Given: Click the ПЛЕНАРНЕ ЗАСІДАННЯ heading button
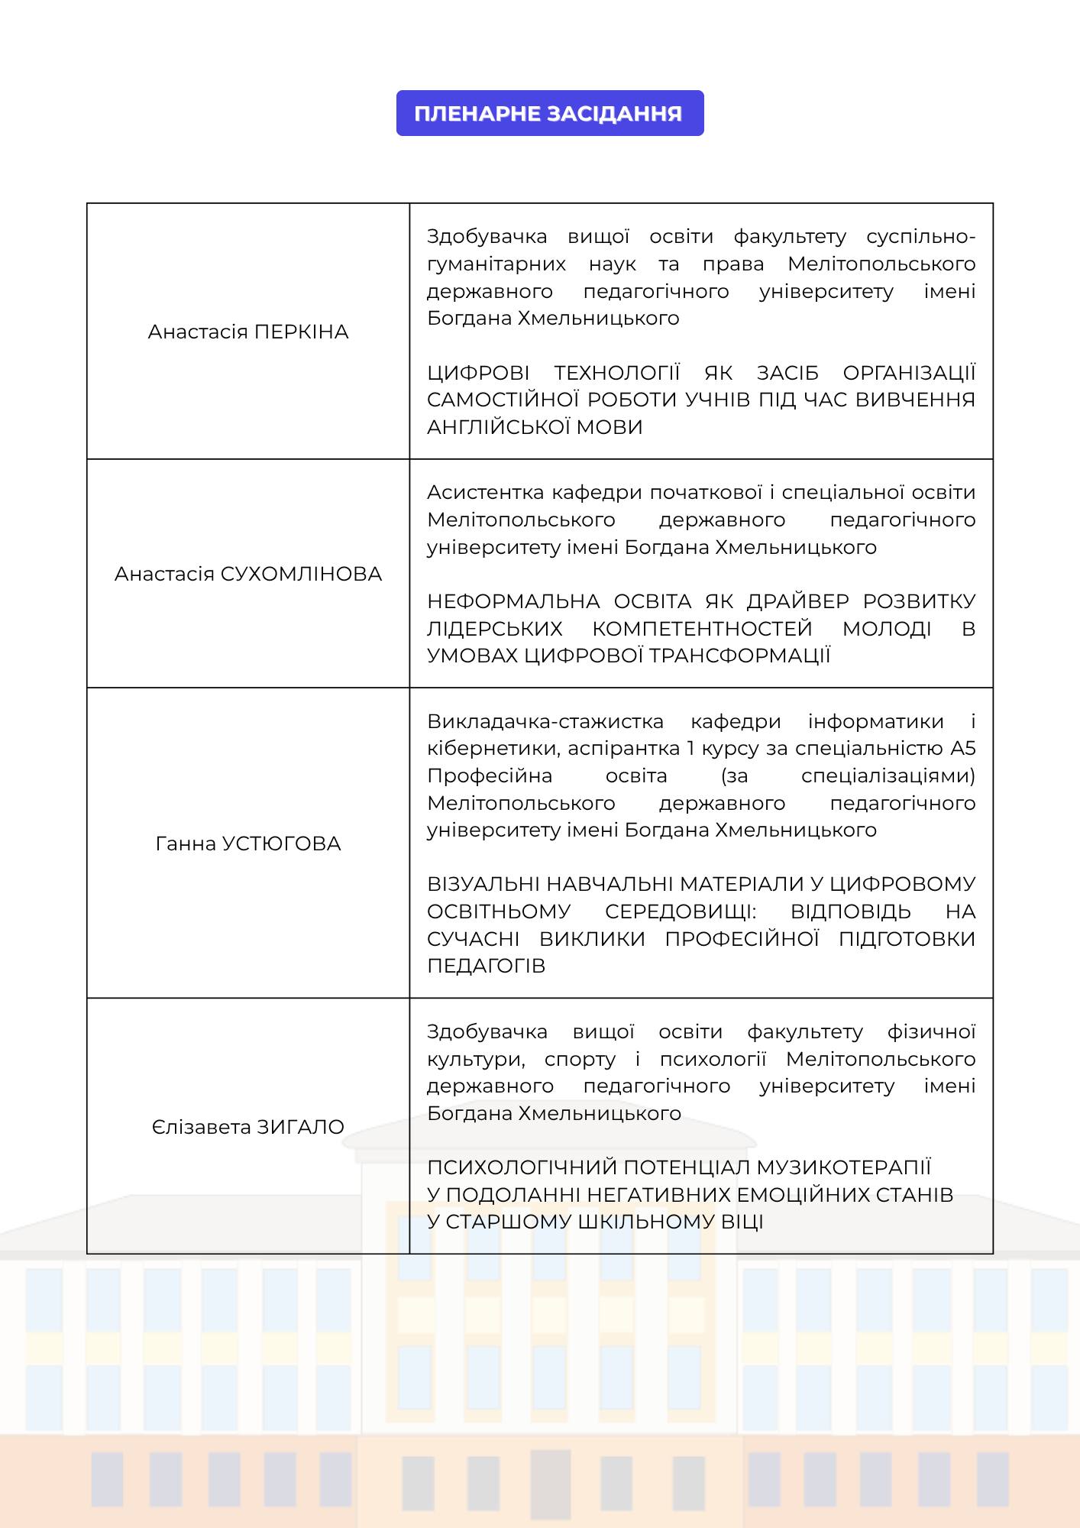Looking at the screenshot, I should pos(549,114).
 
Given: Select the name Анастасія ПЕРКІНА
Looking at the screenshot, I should pos(248,332).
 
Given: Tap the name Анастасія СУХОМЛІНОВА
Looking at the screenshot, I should pos(248,575).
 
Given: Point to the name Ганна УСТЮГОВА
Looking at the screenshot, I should pos(248,844).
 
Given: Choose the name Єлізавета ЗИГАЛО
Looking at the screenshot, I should pos(248,1128).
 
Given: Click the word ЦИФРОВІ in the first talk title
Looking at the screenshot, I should pos(478,373).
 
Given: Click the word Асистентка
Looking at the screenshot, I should pos(485,493).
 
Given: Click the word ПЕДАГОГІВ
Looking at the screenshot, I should pos(486,966).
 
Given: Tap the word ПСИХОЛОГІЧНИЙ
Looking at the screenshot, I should pos(522,1168).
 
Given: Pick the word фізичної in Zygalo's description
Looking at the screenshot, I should pos(931,1032).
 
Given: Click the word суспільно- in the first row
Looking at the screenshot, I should pos(920,237).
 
